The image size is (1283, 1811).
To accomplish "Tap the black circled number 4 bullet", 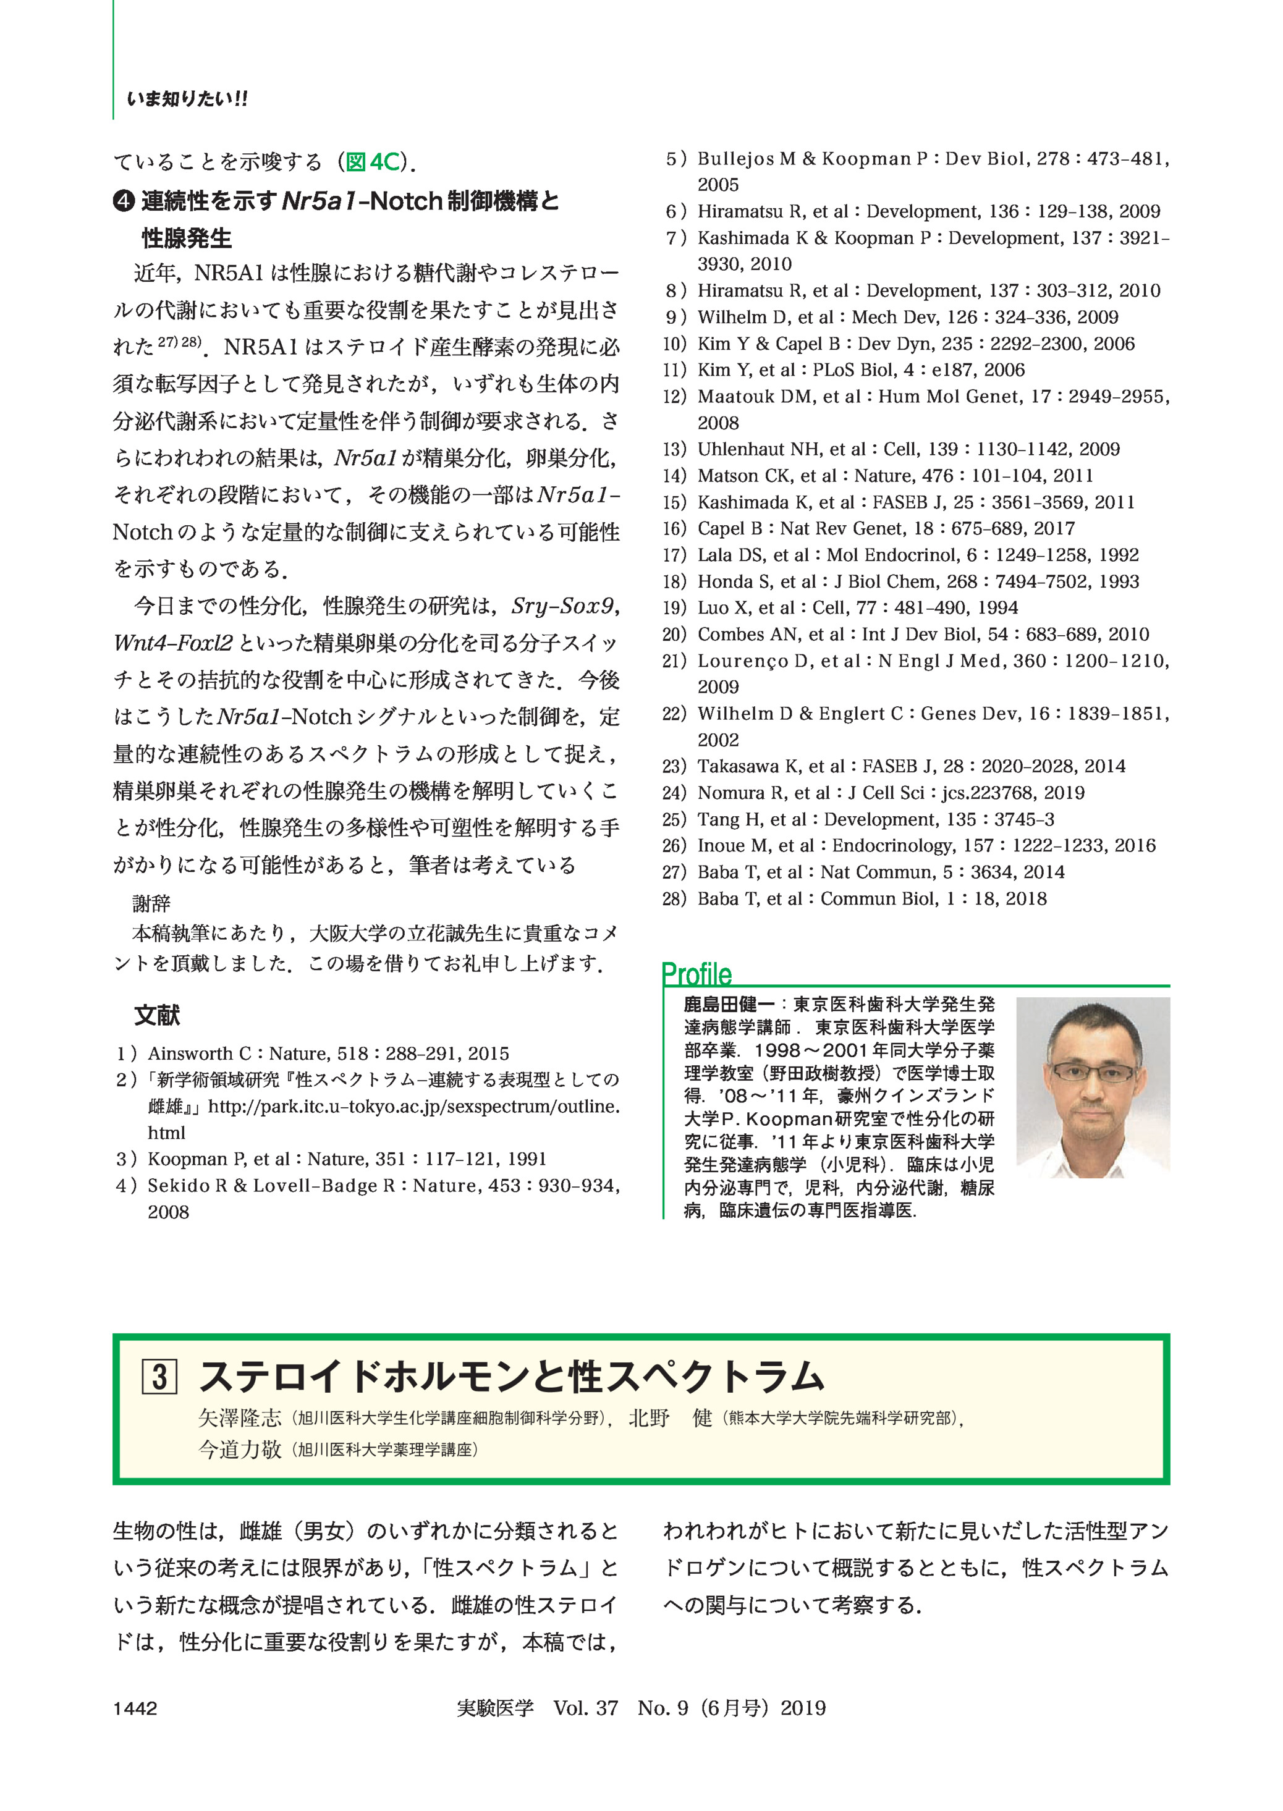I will (x=124, y=202).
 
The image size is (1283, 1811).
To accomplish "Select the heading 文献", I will (x=156, y=1015).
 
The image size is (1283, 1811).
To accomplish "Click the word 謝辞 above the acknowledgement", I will (x=151, y=903).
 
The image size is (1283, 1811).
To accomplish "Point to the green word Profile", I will (x=697, y=974).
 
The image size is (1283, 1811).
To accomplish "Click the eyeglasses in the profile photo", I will (x=1093, y=1072).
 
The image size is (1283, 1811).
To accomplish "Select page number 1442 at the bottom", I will (x=135, y=1708).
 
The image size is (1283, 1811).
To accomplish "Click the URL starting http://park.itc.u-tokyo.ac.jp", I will (x=413, y=1107).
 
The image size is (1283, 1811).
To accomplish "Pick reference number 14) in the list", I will (x=675, y=475).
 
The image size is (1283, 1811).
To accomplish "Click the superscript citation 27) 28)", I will (x=180, y=342).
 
